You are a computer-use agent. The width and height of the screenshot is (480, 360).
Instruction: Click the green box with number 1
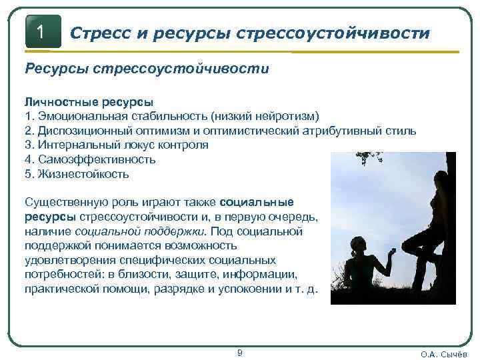point(42,31)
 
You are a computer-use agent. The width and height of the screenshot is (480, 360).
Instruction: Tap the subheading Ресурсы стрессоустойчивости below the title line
point(147,69)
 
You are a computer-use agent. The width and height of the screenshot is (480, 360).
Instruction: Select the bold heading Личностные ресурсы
point(89,101)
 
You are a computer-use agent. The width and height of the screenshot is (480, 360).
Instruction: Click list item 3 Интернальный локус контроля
point(116,145)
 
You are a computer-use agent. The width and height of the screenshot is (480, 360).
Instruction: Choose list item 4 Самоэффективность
point(90,160)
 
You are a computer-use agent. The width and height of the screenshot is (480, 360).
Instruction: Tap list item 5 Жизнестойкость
point(77,175)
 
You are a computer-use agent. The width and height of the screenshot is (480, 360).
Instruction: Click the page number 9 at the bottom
point(240,351)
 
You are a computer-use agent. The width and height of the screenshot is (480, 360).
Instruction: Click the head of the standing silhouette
point(441,181)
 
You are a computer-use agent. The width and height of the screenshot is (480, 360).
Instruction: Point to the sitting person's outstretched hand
point(392,251)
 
